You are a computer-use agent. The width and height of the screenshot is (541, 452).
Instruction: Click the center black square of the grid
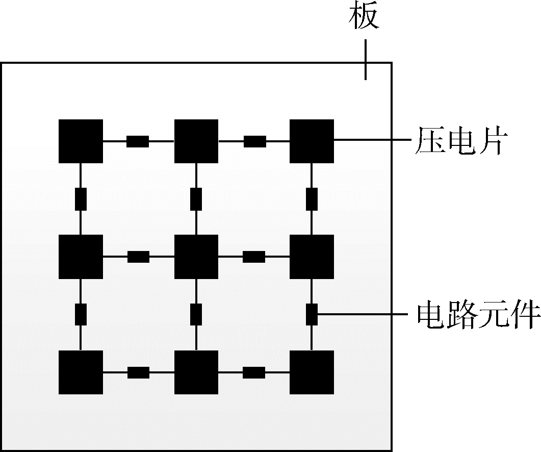[196, 257]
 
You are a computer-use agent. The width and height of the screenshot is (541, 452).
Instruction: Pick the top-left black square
[81, 141]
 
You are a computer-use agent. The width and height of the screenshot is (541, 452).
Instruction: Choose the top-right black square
[312, 141]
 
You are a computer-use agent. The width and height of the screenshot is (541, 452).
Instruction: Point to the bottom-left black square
[81, 372]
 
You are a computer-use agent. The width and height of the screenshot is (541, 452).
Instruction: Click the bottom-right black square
[312, 372]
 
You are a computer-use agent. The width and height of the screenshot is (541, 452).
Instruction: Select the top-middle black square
[196, 141]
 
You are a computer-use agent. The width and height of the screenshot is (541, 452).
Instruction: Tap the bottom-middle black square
[196, 372]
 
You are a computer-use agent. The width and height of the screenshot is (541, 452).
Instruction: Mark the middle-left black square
[81, 257]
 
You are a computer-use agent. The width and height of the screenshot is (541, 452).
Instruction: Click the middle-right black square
[312, 257]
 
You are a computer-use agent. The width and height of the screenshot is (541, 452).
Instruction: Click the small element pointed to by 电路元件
[312, 314]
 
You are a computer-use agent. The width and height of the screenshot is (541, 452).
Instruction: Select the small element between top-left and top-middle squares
[138, 141]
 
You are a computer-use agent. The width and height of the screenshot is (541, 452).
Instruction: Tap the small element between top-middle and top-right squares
[254, 141]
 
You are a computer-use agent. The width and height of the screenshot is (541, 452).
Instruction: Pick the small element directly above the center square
[196, 199]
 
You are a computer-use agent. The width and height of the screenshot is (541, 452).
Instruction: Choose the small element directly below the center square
[196, 314]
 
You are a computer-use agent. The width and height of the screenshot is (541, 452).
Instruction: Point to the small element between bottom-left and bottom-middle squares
[138, 372]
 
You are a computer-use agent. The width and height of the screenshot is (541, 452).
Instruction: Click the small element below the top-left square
[81, 199]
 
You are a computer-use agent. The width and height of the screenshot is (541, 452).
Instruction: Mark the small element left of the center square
[138, 257]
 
